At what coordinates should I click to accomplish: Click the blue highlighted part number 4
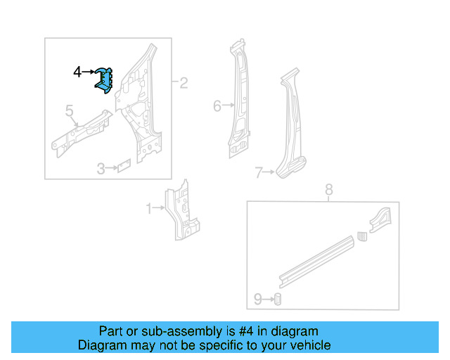click(104, 79)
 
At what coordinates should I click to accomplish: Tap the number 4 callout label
click(78, 71)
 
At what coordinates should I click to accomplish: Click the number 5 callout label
click(70, 110)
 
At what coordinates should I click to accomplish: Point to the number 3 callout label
click(101, 169)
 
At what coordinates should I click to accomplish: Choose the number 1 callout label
click(148, 208)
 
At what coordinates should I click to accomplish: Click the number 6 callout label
click(217, 106)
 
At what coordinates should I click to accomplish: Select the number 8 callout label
click(328, 189)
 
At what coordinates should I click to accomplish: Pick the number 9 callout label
click(257, 300)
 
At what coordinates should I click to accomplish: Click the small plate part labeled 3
click(124, 167)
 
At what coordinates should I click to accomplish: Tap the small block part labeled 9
click(277, 299)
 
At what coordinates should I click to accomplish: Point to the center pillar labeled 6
click(239, 102)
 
